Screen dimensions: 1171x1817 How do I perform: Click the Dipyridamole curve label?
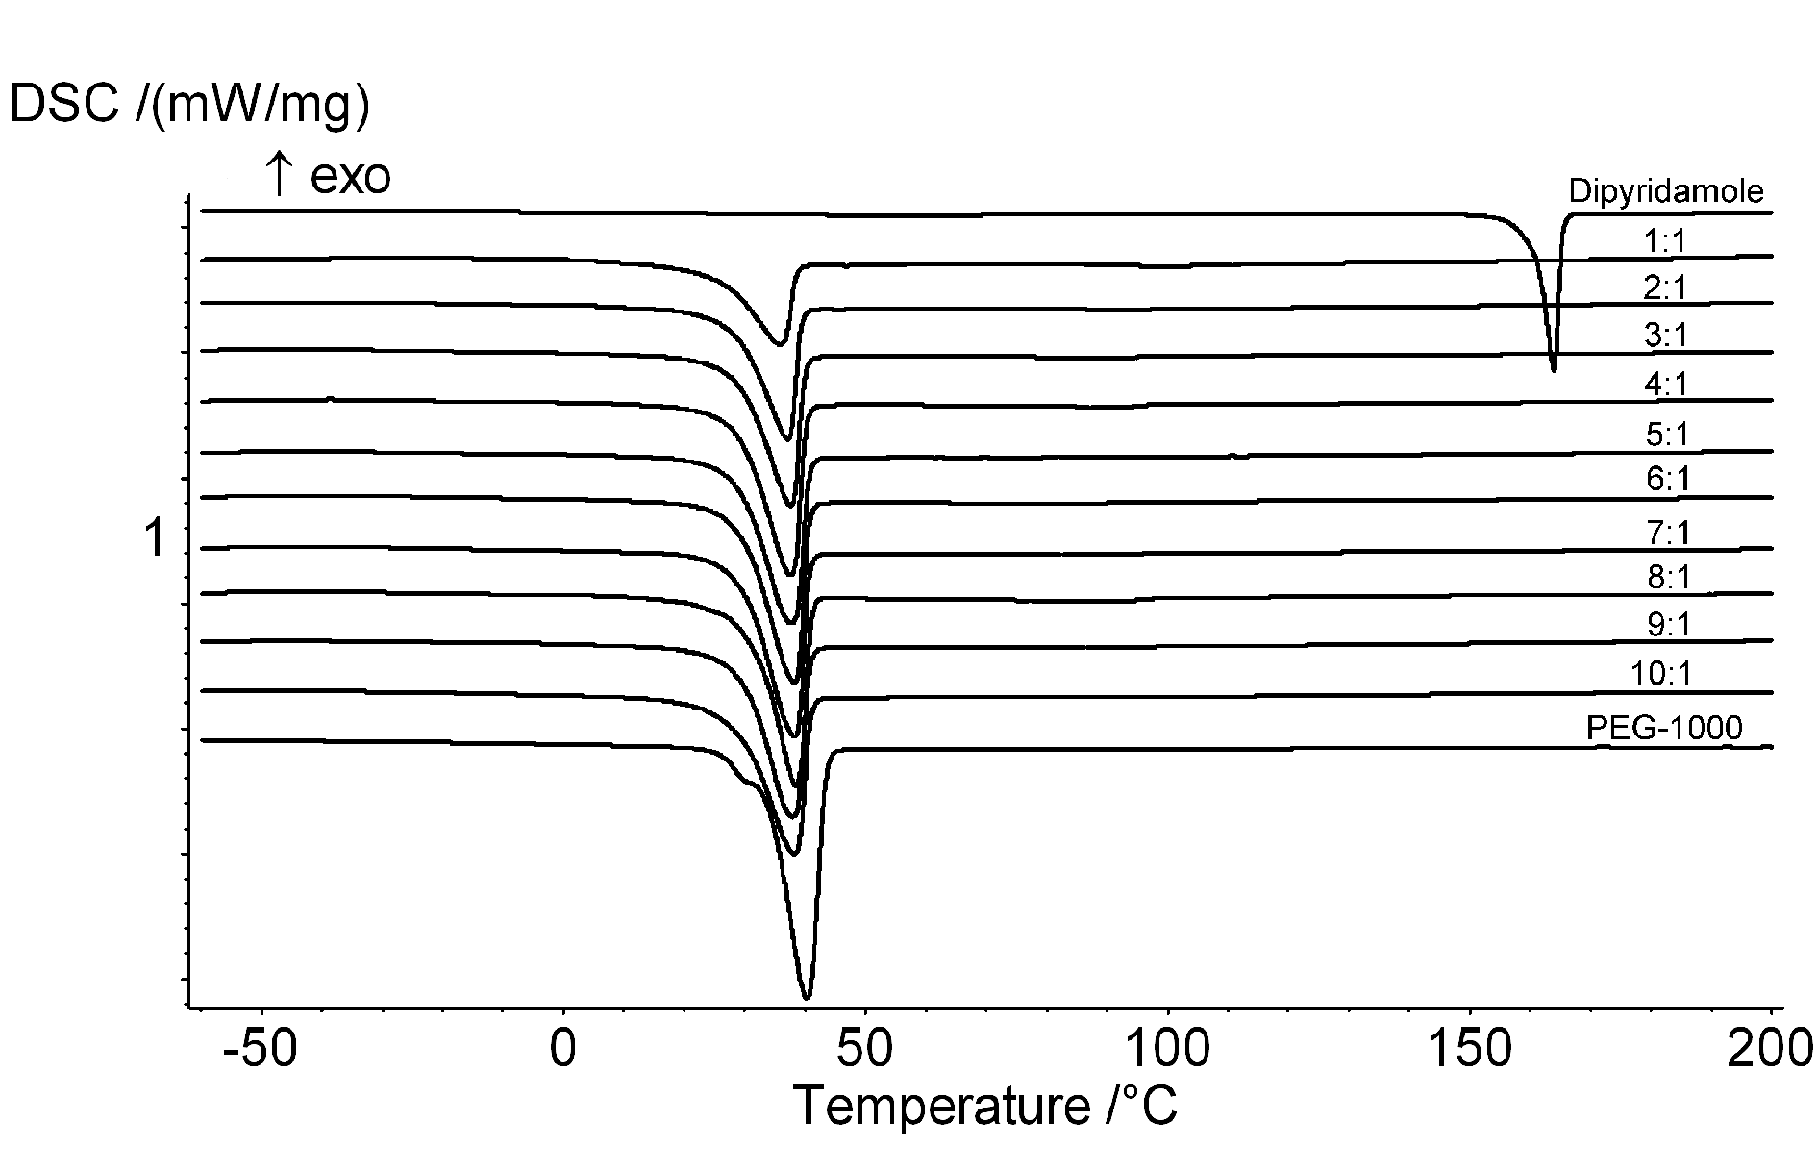pyautogui.click(x=1666, y=191)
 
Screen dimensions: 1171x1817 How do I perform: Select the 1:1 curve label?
pyautogui.click(x=1665, y=240)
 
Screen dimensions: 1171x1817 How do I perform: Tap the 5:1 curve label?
pyautogui.click(x=1666, y=435)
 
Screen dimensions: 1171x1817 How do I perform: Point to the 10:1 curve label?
pyautogui.click(x=1660, y=674)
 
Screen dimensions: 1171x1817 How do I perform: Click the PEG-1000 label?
pyautogui.click(x=1663, y=728)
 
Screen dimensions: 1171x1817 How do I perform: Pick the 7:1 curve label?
pyautogui.click(x=1667, y=532)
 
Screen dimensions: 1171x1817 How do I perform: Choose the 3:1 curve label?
pyautogui.click(x=1666, y=336)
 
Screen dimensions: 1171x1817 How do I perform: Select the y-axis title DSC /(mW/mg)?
pyautogui.click(x=188, y=106)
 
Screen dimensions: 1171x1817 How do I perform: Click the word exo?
pyautogui.click(x=351, y=178)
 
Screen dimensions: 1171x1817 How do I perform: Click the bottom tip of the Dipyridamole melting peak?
pyautogui.click(x=1554, y=370)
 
